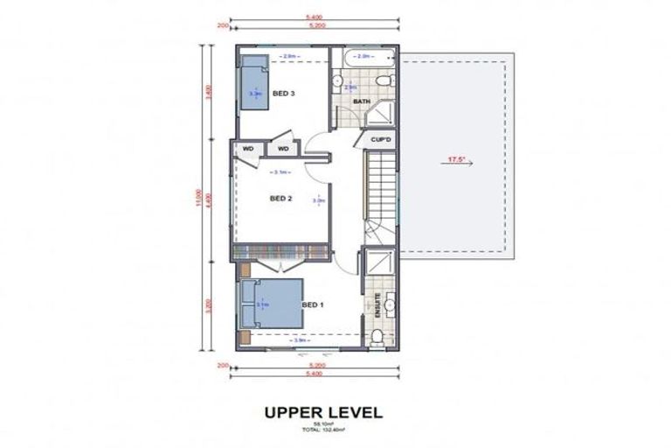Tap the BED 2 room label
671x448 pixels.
click(280, 199)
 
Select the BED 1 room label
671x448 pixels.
click(313, 304)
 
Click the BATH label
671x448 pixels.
click(362, 102)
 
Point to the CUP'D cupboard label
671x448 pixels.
click(378, 139)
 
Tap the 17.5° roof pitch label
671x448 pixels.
click(454, 160)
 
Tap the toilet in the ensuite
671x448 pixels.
click(376, 337)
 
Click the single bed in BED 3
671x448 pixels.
click(255, 84)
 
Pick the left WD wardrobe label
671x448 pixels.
click(248, 149)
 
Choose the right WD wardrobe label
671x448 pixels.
click(283, 149)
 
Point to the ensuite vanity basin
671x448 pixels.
click(390, 305)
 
